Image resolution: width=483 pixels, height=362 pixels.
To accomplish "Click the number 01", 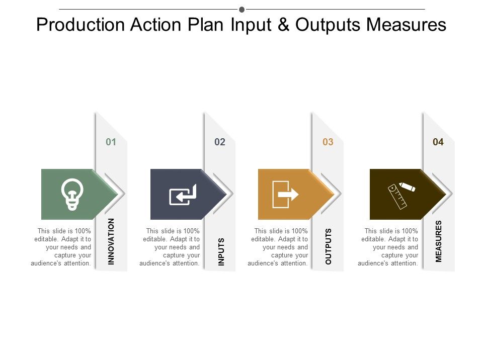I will point(111,142).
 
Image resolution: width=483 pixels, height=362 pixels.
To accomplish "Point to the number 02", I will point(220,142).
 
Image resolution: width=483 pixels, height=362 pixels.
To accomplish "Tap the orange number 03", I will point(328,142).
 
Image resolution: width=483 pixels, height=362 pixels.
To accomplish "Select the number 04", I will point(438,142).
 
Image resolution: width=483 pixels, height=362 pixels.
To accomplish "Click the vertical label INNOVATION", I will point(112,241).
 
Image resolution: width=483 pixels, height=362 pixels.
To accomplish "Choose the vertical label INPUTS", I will point(221,251).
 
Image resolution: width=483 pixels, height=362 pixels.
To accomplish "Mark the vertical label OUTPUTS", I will point(329,246).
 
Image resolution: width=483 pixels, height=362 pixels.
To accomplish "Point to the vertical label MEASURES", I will point(439,241).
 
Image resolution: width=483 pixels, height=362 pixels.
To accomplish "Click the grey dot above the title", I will point(242,10).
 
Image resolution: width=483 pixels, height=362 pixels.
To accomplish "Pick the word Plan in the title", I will point(206,25).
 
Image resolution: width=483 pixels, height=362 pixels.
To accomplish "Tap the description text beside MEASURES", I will point(388,247).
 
